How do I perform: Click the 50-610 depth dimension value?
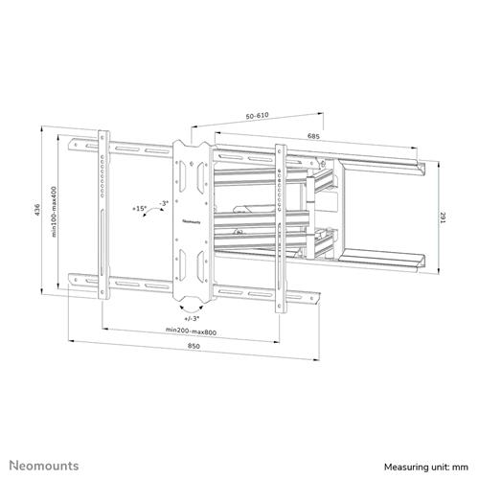point(256,114)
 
